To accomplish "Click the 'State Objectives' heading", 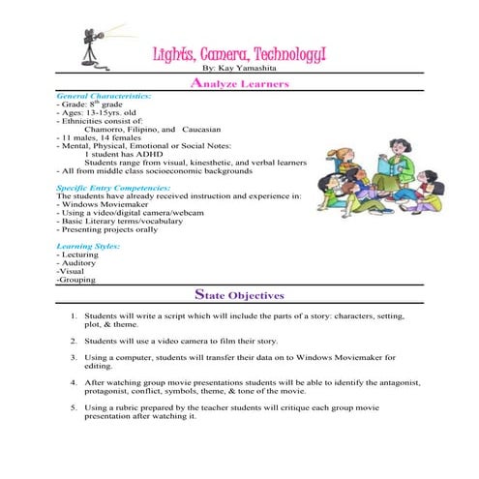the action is pyautogui.click(x=239, y=294).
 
